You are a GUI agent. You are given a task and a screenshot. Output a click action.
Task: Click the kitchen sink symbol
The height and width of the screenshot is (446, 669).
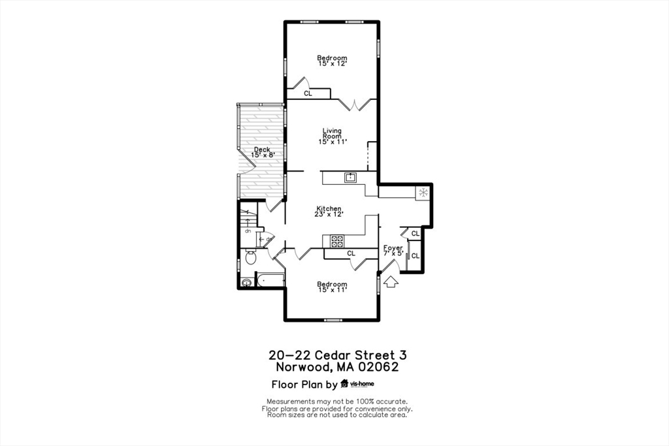(x=351, y=176)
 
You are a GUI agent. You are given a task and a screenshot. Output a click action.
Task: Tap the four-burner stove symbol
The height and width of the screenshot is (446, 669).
(x=337, y=241)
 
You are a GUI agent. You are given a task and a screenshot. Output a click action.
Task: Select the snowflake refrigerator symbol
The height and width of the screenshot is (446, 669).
(x=423, y=193)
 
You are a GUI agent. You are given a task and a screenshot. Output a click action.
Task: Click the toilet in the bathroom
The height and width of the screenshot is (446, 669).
(x=250, y=258)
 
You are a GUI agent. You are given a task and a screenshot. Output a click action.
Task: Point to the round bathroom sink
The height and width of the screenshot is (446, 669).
(x=246, y=283)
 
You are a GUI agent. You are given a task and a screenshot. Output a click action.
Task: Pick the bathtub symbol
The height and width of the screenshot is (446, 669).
(x=270, y=281)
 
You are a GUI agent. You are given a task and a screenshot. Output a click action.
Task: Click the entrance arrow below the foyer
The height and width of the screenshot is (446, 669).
(x=391, y=281)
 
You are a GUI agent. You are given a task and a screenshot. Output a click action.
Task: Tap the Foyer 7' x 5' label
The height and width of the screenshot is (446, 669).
(x=393, y=250)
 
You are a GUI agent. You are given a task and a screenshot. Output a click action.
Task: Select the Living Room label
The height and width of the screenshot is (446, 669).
(x=332, y=136)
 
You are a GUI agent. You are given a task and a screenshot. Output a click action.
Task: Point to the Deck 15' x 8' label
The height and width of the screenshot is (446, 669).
(x=261, y=152)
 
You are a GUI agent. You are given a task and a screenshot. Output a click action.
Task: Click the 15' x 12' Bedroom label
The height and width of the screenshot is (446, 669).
(x=332, y=60)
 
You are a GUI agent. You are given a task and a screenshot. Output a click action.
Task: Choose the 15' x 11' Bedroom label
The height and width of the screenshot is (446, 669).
(x=332, y=287)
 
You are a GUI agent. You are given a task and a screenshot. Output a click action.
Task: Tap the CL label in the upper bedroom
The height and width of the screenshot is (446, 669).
(x=308, y=94)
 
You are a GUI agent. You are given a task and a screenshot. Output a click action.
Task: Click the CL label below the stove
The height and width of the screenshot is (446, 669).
(x=351, y=253)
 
